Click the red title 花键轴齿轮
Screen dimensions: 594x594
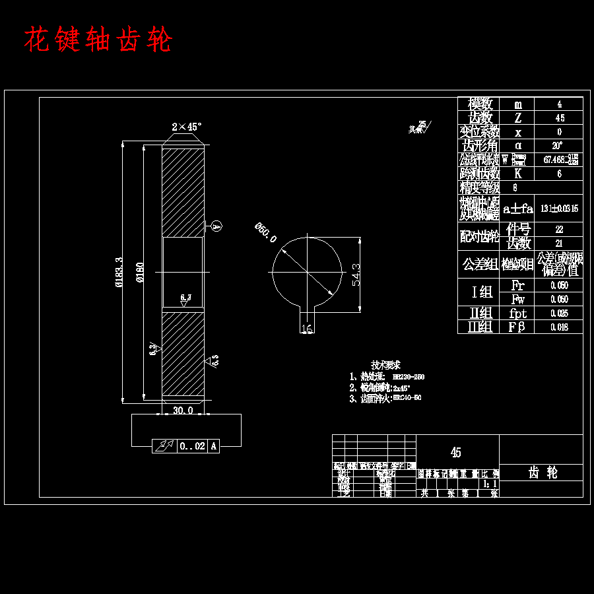[98, 41]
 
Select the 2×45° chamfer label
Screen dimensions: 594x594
[186, 126]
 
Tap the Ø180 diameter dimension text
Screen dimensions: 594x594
[139, 273]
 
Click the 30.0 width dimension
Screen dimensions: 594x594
[183, 410]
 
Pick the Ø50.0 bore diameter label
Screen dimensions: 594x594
[266, 233]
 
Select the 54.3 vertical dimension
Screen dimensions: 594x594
[356, 274]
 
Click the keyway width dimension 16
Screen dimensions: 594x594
[306, 328]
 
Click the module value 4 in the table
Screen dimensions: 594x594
[559, 104]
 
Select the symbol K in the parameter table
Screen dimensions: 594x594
[518, 174]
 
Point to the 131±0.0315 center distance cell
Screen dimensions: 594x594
[559, 209]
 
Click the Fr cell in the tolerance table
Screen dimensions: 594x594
[518, 286]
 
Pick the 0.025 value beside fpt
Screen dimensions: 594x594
[559, 313]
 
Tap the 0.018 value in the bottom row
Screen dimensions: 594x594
[559, 327]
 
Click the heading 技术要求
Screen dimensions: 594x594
[386, 365]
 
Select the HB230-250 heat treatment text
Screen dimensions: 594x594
[408, 377]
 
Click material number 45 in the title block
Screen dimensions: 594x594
[456, 453]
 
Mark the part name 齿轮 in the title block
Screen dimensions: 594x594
[543, 473]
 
